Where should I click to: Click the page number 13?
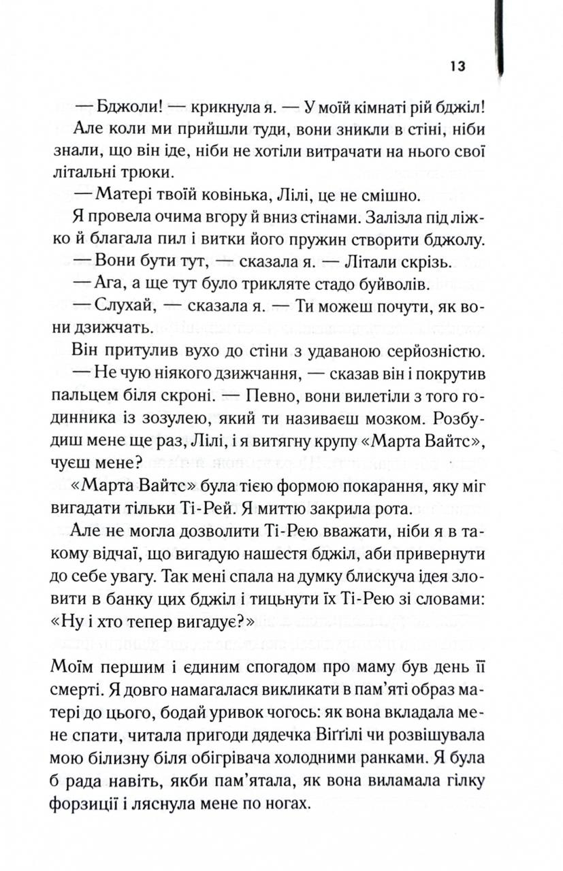457,66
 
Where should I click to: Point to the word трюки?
150,172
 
